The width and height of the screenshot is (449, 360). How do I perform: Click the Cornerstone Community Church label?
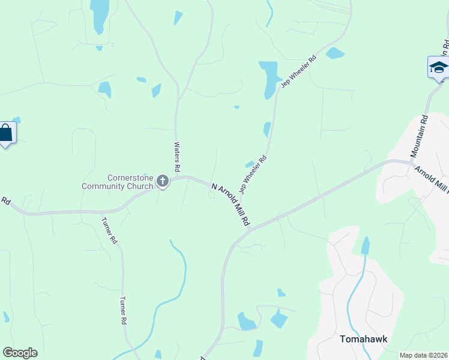(x=118, y=182)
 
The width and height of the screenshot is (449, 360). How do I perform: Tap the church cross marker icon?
(x=162, y=181)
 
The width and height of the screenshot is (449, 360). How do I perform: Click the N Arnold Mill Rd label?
(x=231, y=205)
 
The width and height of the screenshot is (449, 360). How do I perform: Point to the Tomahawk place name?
(x=363, y=339)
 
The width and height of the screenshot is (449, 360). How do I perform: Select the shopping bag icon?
(x=5, y=133)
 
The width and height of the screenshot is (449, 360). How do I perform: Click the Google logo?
(x=20, y=352)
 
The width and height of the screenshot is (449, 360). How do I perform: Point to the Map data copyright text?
(x=423, y=355)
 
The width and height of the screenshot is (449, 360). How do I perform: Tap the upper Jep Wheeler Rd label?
(x=298, y=73)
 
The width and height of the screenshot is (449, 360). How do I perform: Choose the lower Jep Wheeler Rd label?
(x=253, y=175)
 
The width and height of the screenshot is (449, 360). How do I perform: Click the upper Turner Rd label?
(x=110, y=230)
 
